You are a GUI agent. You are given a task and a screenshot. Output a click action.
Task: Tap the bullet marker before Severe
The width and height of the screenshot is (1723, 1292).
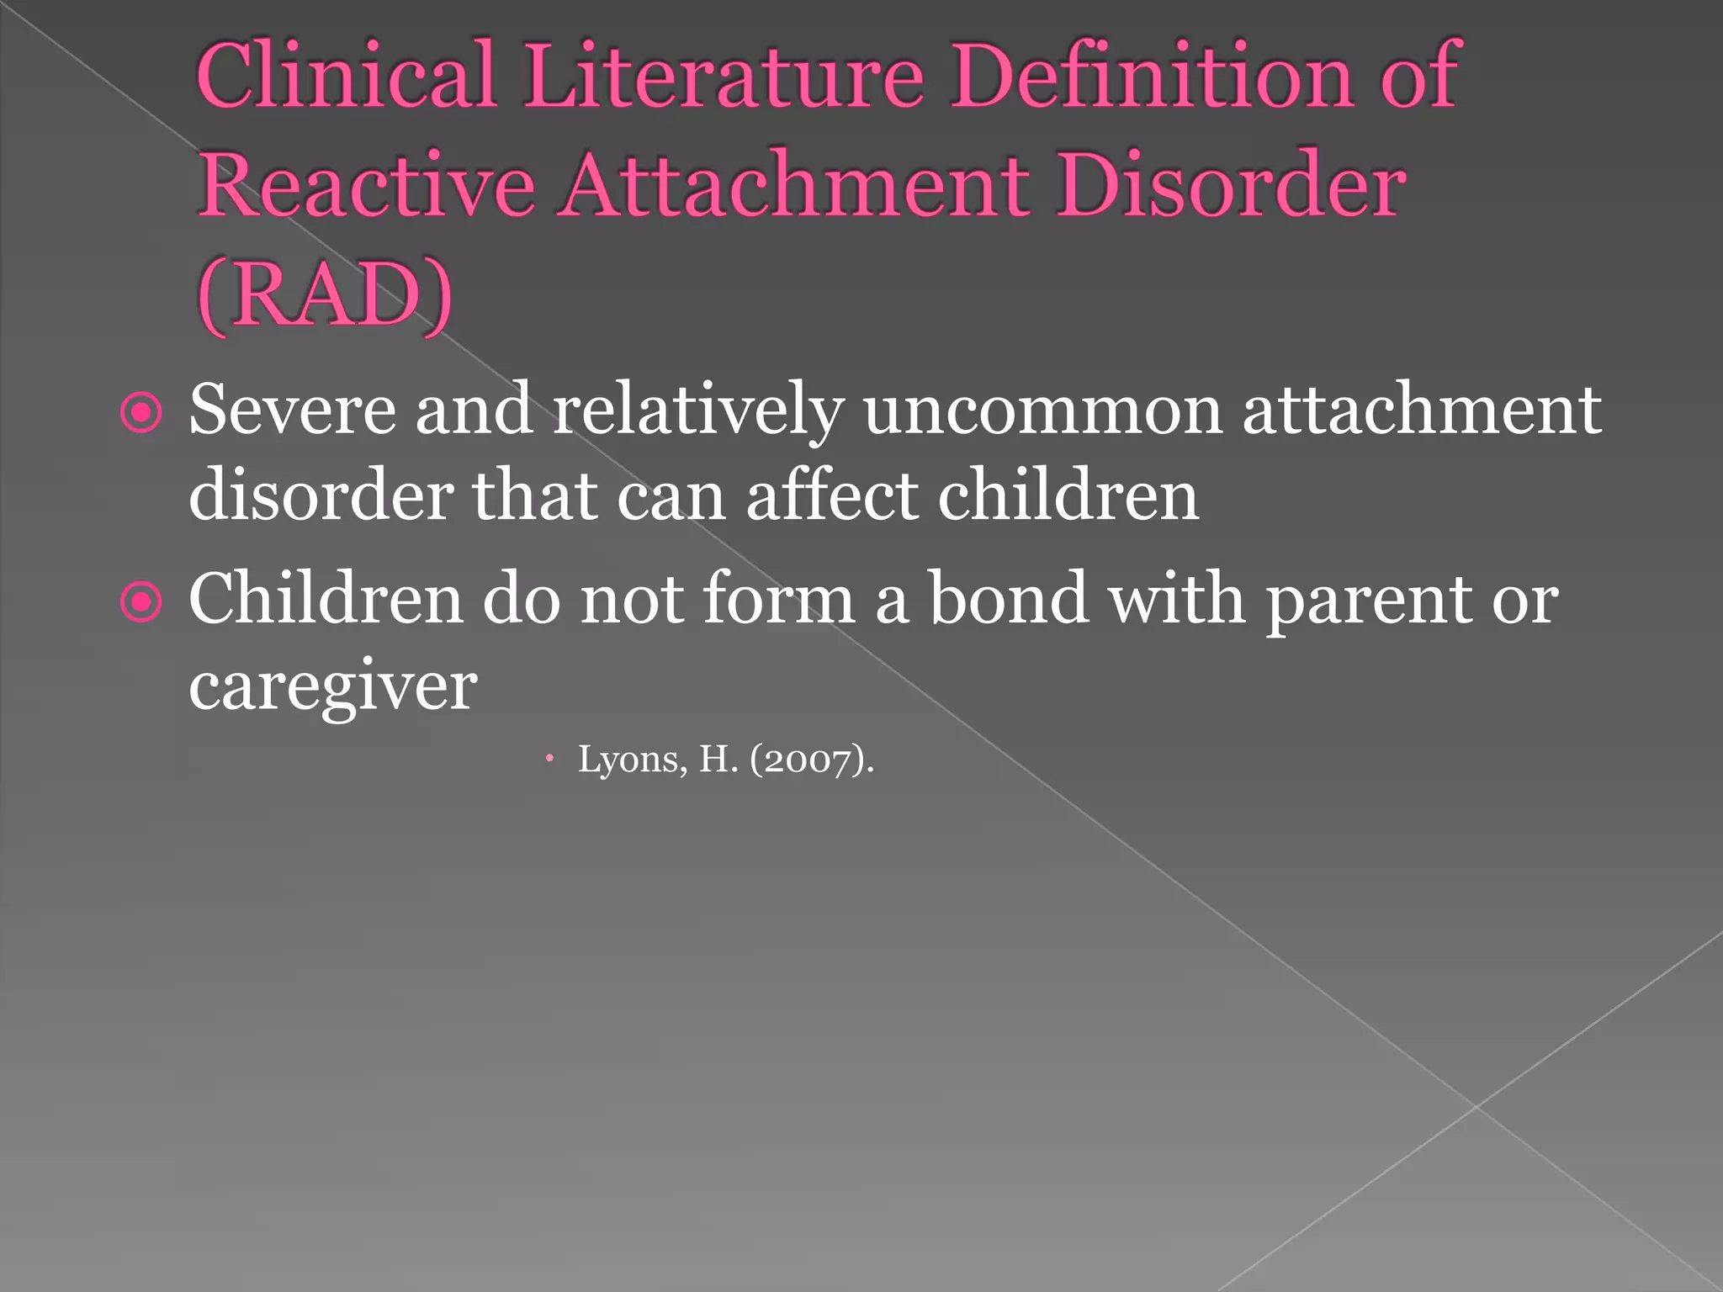pyautogui.click(x=140, y=413)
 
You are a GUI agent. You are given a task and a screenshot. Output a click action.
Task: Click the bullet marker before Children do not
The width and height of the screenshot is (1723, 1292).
pyautogui.click(x=140, y=602)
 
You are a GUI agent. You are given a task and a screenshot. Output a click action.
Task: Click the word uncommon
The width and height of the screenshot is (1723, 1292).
pyautogui.click(x=1042, y=410)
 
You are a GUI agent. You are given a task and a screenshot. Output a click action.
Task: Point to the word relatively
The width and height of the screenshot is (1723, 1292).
pyautogui.click(x=697, y=410)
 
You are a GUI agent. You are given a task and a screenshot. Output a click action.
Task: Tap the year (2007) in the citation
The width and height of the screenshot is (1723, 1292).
pyautogui.click(x=808, y=760)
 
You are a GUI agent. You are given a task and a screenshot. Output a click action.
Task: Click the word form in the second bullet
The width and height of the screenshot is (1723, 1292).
pyautogui.click(x=779, y=599)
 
